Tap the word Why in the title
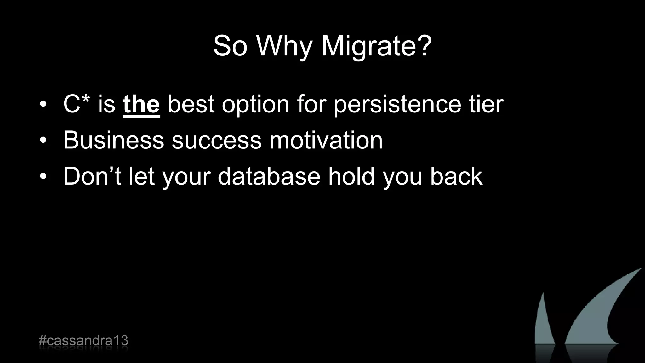point(284,46)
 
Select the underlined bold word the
point(141,105)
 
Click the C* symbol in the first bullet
point(77,104)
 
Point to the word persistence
point(397,105)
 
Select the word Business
point(113,140)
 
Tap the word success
point(216,141)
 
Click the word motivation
point(326,140)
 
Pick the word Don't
point(92,176)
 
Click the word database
point(269,176)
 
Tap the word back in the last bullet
point(456,176)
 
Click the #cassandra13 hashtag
point(83,341)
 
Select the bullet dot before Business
point(43,141)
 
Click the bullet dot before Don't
point(43,177)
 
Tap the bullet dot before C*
point(43,105)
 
